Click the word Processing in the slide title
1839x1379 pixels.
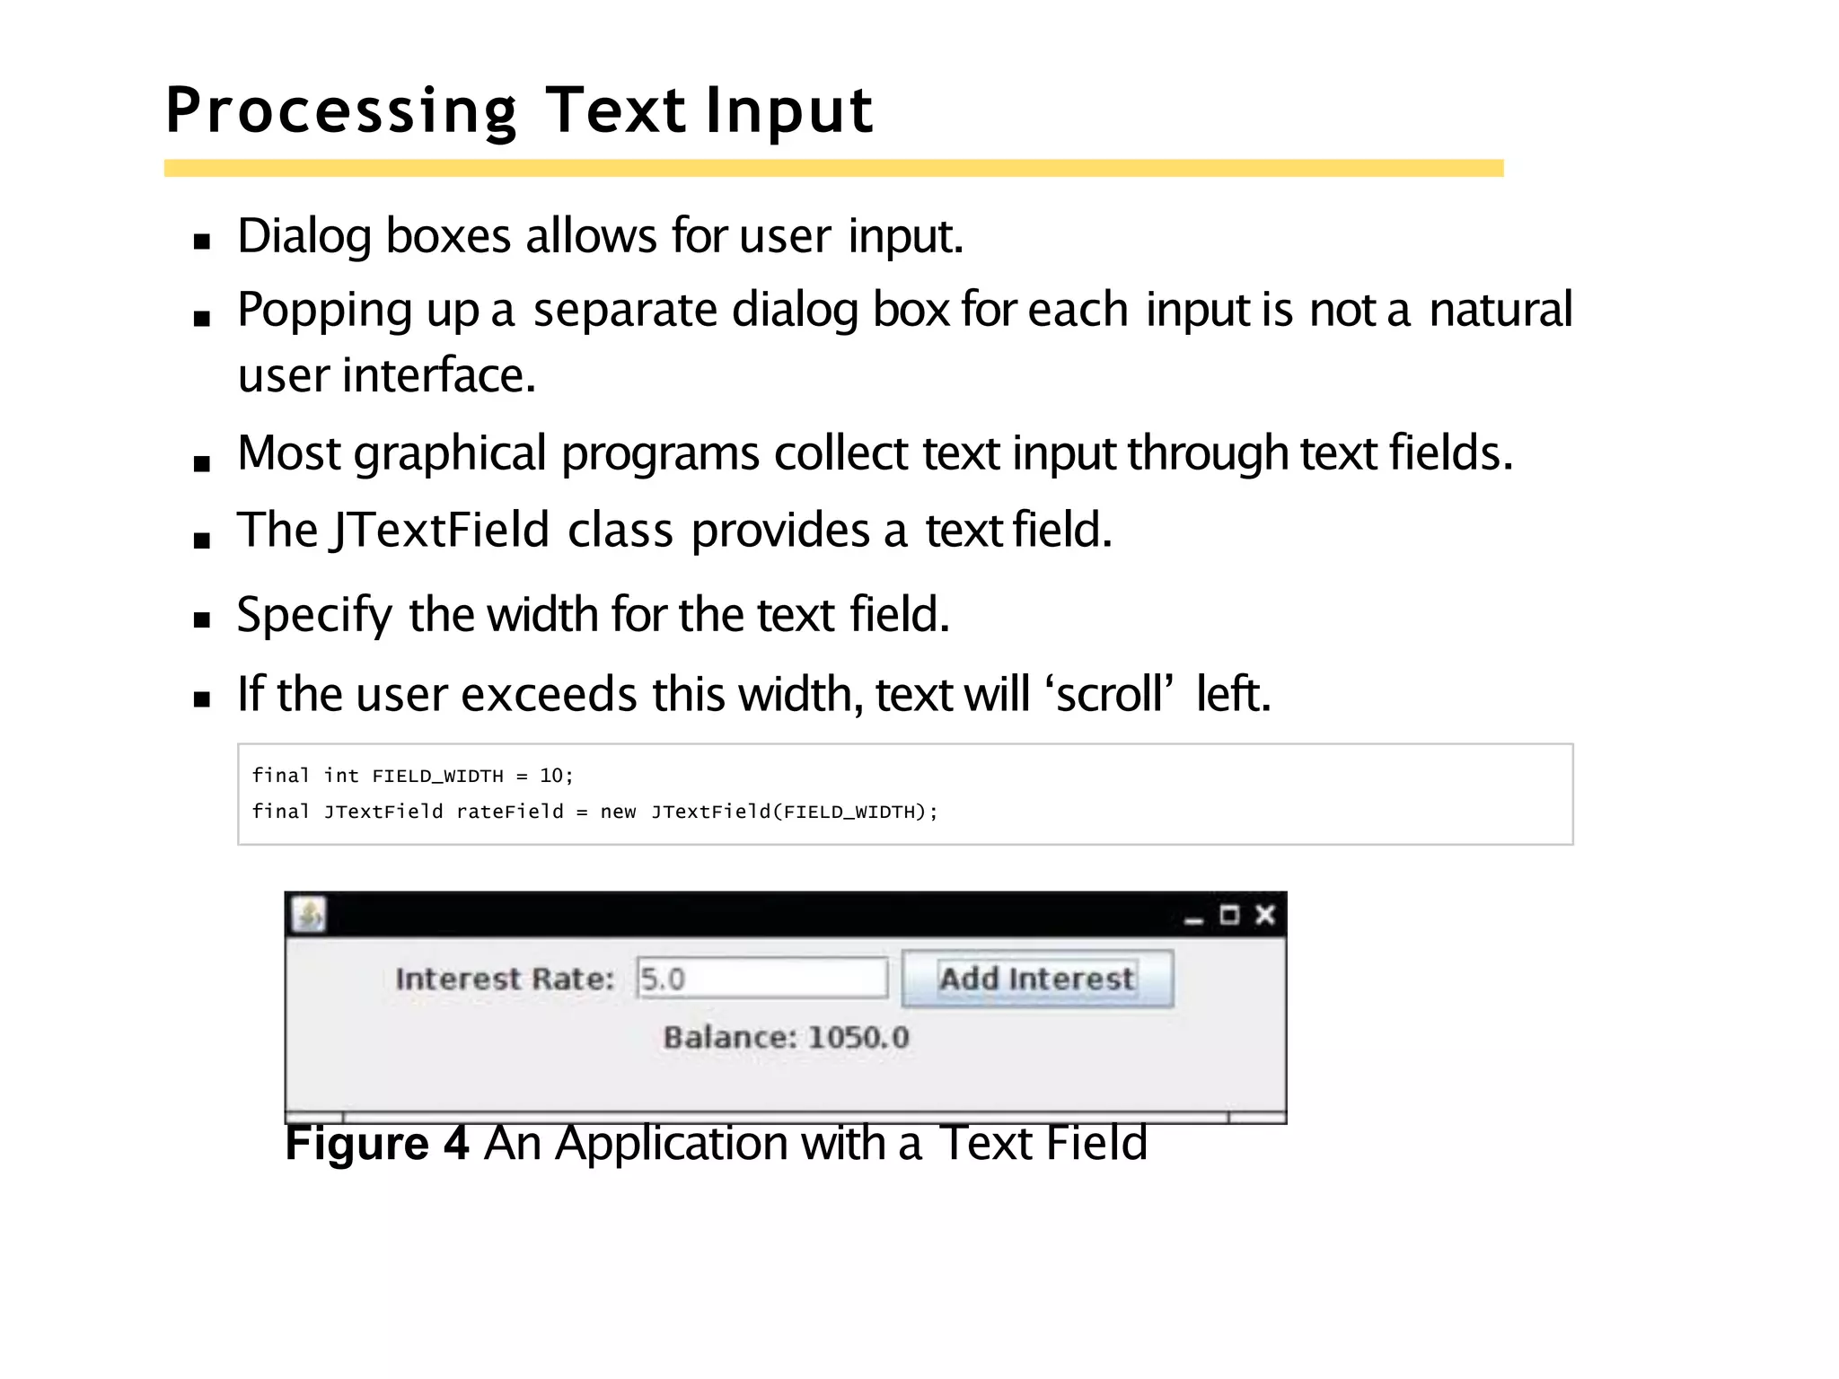pos(341,111)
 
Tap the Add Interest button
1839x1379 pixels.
pos(1036,978)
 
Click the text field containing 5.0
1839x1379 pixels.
pos(761,978)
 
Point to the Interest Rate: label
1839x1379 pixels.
pos(505,978)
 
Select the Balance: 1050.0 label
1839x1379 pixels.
pos(786,1037)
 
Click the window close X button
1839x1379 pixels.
pos(1265,915)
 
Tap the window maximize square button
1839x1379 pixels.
pos(1229,915)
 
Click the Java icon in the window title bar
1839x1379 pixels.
pos(309,915)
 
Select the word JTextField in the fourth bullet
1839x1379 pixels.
pos(440,530)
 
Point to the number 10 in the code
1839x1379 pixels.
pos(550,776)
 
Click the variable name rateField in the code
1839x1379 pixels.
pos(509,812)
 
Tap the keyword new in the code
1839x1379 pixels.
pos(618,812)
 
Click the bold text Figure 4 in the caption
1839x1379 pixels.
pos(376,1143)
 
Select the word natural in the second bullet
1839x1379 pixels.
pos(1500,310)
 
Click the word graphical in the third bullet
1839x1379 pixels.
pos(449,453)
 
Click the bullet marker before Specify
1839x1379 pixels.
pos(202,619)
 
